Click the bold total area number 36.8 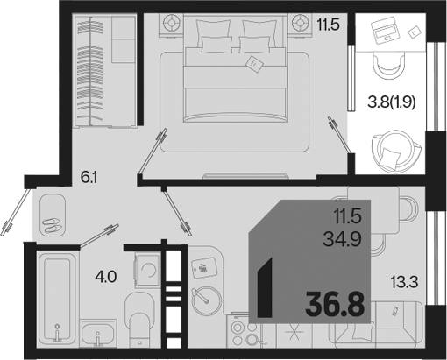[335, 306]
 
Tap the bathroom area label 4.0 [106, 277]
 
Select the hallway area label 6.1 [89, 177]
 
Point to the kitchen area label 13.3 [404, 282]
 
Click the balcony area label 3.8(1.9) [392, 102]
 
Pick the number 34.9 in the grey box [343, 239]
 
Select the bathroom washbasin [98, 333]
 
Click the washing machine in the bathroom [147, 270]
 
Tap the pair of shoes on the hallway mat [52, 226]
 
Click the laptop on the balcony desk [383, 29]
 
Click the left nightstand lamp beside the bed [172, 23]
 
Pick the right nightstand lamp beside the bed [299, 23]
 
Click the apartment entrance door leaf [16, 212]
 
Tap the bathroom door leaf [99, 236]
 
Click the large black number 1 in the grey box [265, 287]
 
